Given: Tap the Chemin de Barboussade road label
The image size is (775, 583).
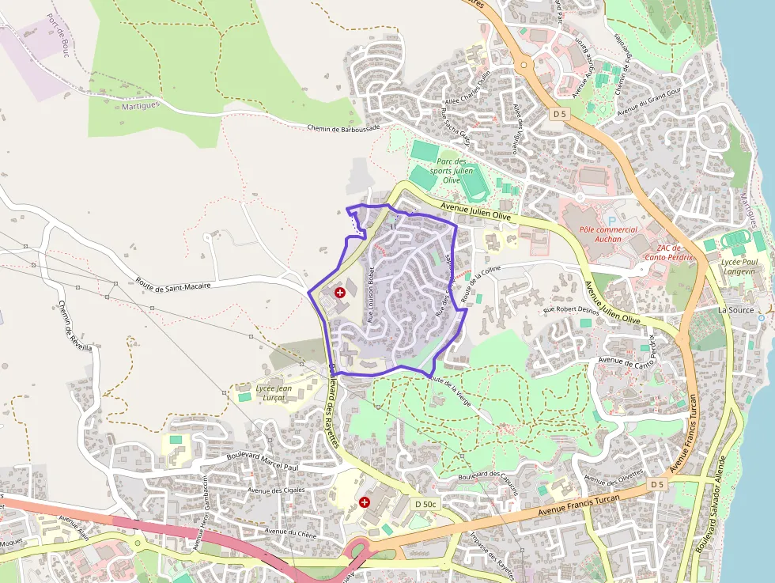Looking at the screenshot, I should point(343,127).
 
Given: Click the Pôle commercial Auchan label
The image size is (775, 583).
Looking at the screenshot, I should point(608,234).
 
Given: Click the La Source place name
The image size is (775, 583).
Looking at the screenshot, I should point(735,310).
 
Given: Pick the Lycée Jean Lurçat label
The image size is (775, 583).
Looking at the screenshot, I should point(274,392).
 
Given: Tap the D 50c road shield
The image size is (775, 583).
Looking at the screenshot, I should point(425,503).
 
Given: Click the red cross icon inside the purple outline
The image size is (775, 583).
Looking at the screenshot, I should point(340,293).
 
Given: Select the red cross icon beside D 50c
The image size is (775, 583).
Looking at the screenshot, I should point(365,502).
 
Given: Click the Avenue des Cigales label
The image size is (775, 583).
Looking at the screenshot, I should point(276,490).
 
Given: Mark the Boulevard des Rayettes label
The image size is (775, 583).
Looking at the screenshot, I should point(333,403).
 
